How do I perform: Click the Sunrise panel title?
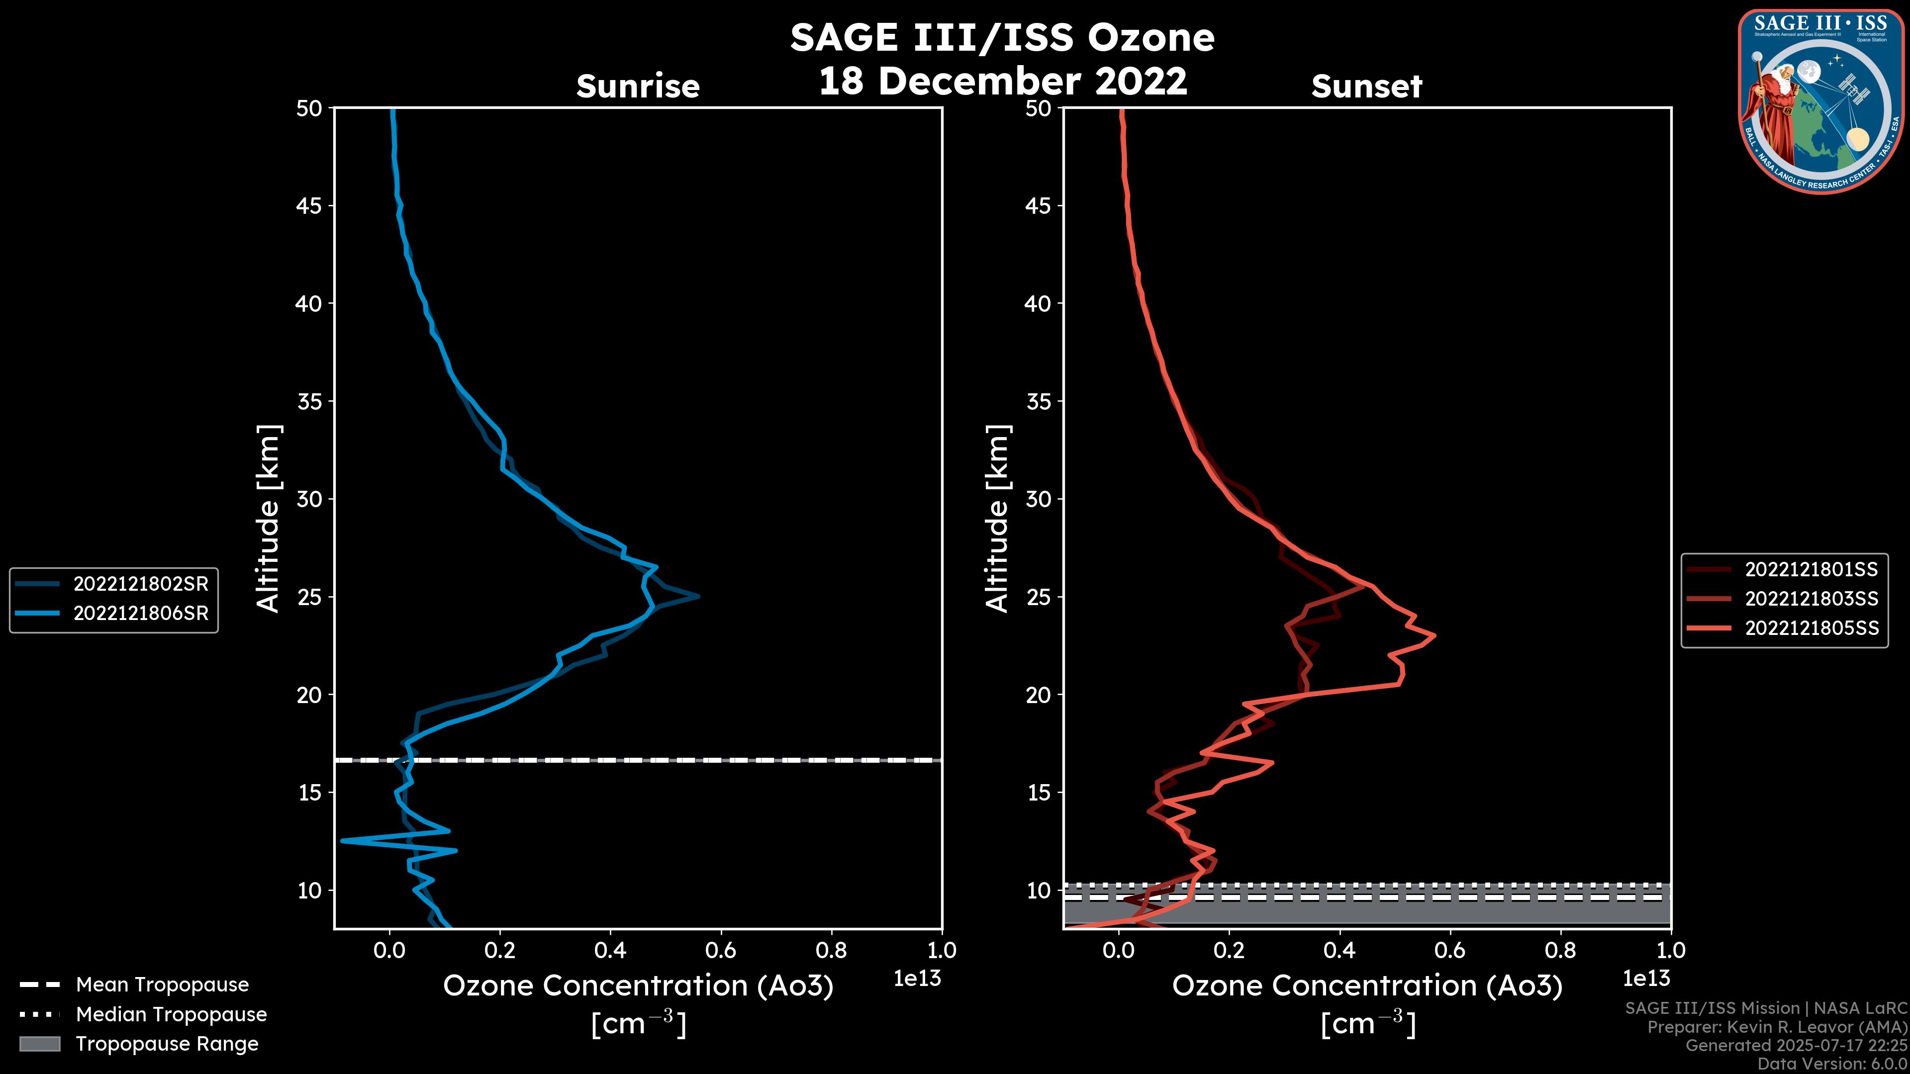(x=638, y=87)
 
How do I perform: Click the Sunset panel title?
(x=1366, y=87)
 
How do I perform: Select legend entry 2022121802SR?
(x=140, y=584)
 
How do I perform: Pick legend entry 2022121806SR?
(x=140, y=614)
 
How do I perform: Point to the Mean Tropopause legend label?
(x=162, y=984)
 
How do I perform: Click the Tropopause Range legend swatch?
(x=39, y=1044)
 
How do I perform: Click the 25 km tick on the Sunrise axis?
(x=310, y=597)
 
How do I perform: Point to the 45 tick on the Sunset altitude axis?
(x=1039, y=205)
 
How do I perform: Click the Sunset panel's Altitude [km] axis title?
(x=998, y=519)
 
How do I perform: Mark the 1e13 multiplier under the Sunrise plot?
(x=917, y=979)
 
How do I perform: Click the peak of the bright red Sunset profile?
(x=1434, y=635)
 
